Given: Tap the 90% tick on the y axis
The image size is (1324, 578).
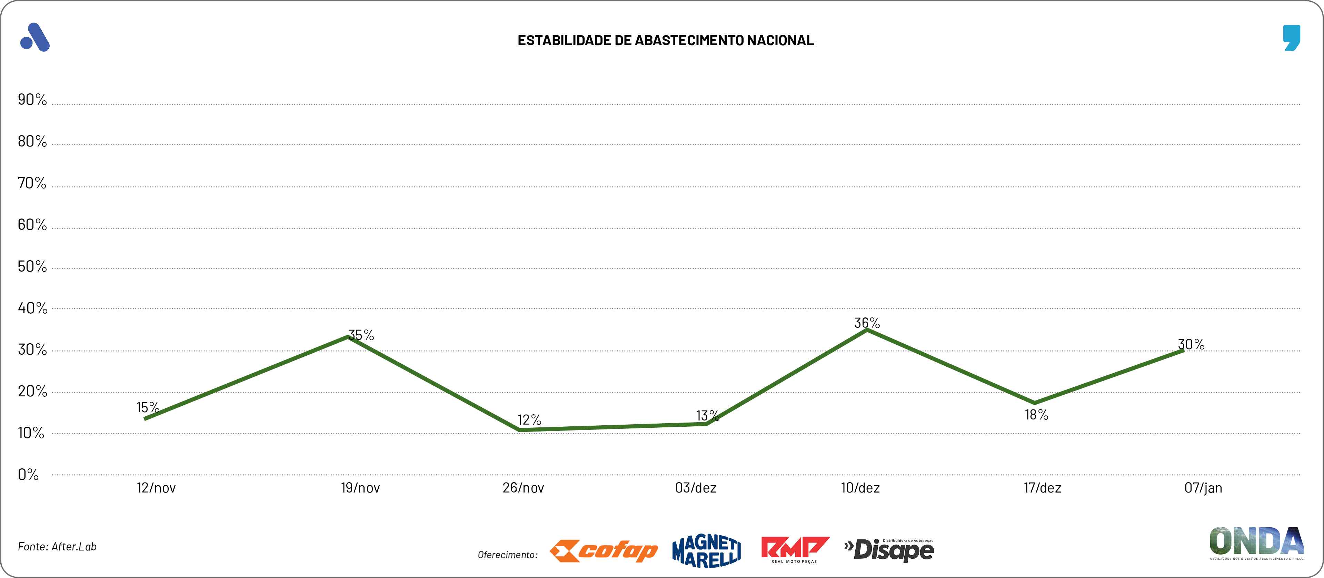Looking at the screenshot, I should tap(32, 100).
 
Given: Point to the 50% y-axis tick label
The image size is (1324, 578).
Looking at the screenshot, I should tap(32, 267).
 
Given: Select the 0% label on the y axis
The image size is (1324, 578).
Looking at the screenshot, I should tap(28, 475).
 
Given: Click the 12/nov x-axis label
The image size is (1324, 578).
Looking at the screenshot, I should tap(156, 488).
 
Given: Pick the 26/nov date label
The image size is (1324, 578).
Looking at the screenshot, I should tap(523, 488).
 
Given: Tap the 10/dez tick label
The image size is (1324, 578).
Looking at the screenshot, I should tap(860, 488).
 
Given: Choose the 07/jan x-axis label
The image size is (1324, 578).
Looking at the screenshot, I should tap(1203, 488).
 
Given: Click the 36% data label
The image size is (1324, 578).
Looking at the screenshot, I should tap(867, 323).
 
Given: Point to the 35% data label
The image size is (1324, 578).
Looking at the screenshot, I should tap(361, 335).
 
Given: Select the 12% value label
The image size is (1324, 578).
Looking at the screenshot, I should tap(529, 420).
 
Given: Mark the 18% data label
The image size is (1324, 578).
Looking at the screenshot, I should tap(1036, 415).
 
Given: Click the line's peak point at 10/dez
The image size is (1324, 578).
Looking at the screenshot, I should tap(867, 330).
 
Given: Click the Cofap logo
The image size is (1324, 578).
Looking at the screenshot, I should tap(604, 551).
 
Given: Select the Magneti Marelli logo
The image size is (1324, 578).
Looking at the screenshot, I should tap(707, 551).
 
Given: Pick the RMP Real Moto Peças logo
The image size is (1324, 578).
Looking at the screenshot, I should tap(795, 550).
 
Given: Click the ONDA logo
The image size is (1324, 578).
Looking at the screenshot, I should tap(1256, 542).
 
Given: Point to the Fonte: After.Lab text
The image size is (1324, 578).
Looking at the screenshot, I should tap(57, 547).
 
